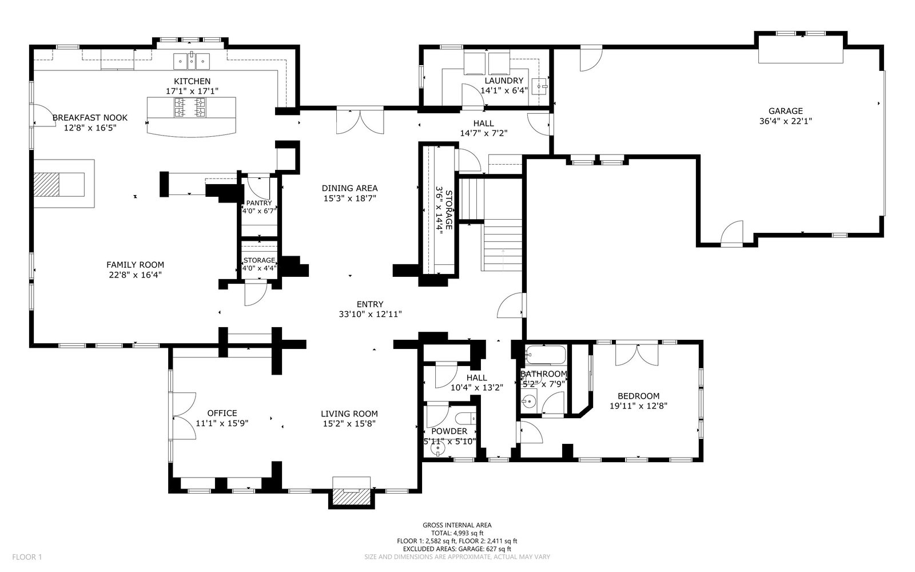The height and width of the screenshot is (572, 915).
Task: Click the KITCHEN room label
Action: pyautogui.click(x=192, y=81)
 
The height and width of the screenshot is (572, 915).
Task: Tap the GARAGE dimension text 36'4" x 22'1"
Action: pyautogui.click(x=786, y=121)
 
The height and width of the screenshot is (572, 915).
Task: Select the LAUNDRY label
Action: pyautogui.click(x=504, y=81)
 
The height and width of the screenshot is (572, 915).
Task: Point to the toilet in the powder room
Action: pyautogui.click(x=466, y=419)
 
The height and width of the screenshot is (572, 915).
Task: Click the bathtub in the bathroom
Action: pyautogui.click(x=546, y=355)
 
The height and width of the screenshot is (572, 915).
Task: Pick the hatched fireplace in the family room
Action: pyautogui.click(x=46, y=184)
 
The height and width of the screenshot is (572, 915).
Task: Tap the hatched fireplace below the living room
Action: pyautogui.click(x=351, y=497)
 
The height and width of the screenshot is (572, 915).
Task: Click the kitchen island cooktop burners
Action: pyautogui.click(x=190, y=107)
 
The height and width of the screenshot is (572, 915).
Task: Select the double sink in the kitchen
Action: pyautogui.click(x=192, y=61)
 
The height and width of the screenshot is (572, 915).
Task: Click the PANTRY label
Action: pyautogui.click(x=259, y=203)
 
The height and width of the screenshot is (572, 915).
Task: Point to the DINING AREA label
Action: pyautogui.click(x=349, y=188)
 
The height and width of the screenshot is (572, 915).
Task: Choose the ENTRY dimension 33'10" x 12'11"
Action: pyautogui.click(x=370, y=314)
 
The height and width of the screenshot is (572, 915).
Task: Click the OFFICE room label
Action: pyautogui.click(x=222, y=413)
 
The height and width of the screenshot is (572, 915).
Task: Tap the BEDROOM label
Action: pyautogui.click(x=638, y=396)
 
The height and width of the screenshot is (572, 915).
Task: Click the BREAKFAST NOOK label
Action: pyautogui.click(x=90, y=118)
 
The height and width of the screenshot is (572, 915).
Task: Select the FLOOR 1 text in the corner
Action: pyautogui.click(x=27, y=557)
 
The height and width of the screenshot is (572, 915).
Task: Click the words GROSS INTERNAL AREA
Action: pyautogui.click(x=457, y=525)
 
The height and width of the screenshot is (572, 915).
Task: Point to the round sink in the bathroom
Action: pyautogui.click(x=529, y=402)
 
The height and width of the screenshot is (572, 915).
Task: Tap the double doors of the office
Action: pyautogui.click(x=185, y=416)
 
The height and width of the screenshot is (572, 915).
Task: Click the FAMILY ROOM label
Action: pyautogui.click(x=135, y=265)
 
